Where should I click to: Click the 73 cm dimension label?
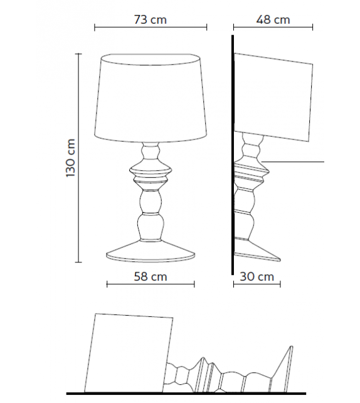[x=151, y=19]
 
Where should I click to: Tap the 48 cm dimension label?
[x=273, y=19]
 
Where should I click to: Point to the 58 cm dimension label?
[x=151, y=276]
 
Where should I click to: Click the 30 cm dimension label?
[x=257, y=276]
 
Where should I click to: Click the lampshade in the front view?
[x=151, y=97]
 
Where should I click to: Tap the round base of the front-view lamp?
[x=151, y=254]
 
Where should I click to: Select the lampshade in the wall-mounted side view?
[x=275, y=97]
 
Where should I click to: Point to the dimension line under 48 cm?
[x=273, y=28]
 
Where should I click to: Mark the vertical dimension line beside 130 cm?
[x=79, y=158]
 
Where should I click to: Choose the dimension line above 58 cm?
[x=151, y=284]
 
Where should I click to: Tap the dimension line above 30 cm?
[x=257, y=284]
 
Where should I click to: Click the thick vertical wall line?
[x=231, y=157]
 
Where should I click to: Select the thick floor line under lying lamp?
[x=188, y=394]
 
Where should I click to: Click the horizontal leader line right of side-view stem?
[x=295, y=162]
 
